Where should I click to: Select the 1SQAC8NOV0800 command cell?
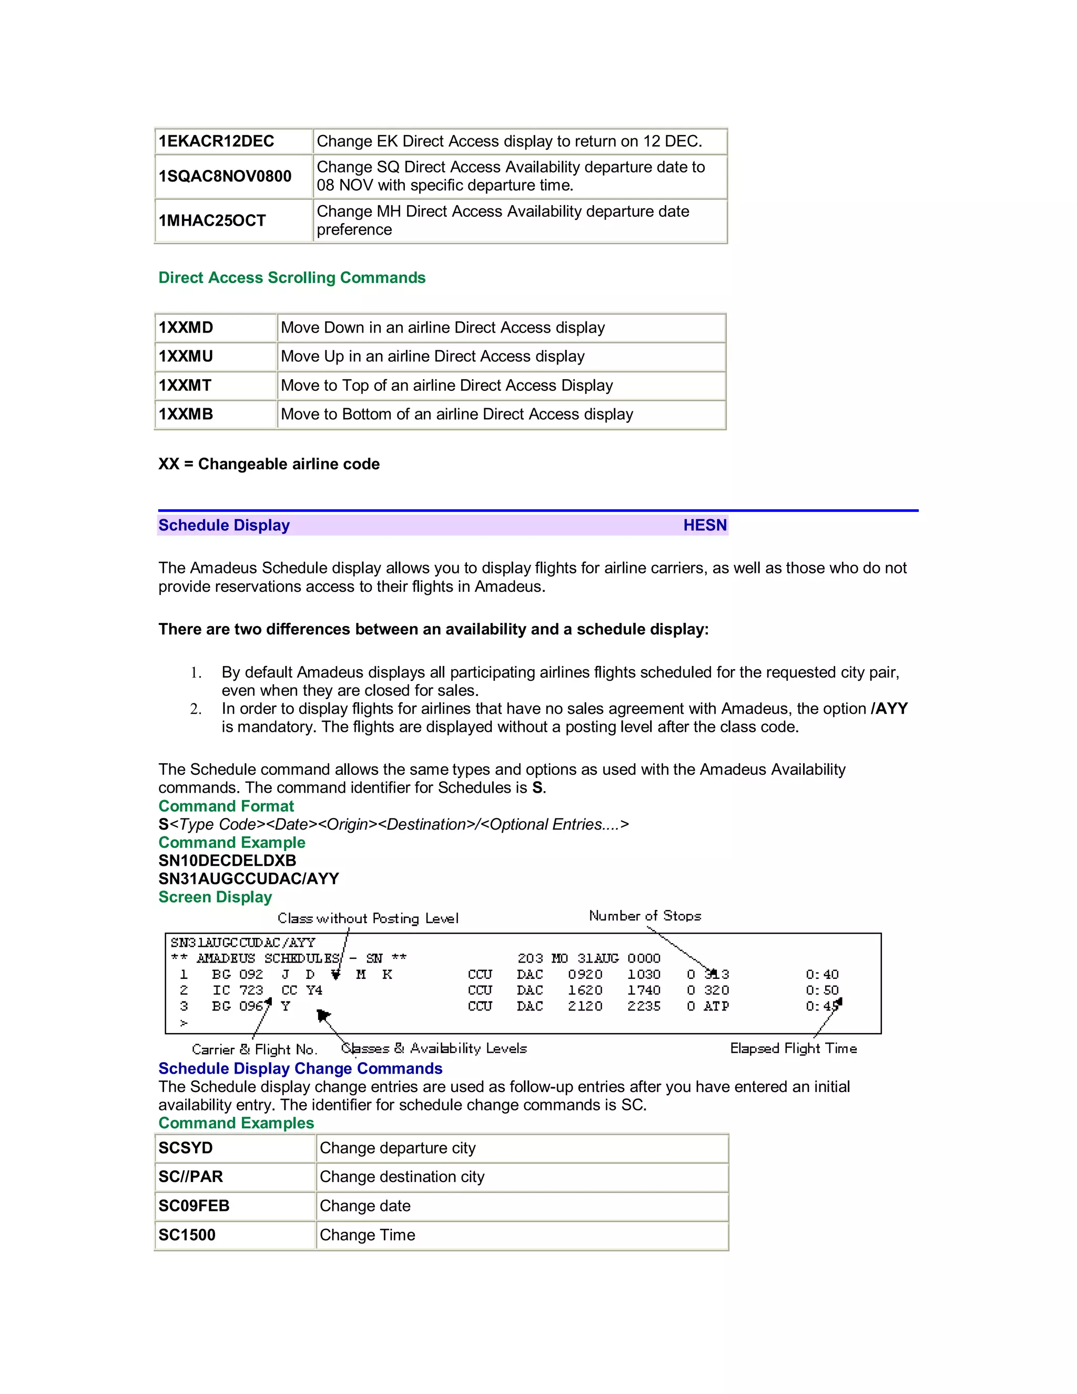[225, 176]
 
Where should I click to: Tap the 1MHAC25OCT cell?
[212, 221]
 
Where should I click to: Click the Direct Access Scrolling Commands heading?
[291, 278]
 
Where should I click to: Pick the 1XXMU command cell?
[186, 356]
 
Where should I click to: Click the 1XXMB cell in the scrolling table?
[186, 414]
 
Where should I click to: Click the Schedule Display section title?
[224, 526]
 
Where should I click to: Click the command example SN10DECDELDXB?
[227, 861]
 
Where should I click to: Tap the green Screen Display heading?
[215, 897]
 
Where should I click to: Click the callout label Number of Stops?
[644, 916]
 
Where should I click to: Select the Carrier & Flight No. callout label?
[254, 1050]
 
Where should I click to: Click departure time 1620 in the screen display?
[584, 990]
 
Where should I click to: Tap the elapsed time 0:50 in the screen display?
[822, 990]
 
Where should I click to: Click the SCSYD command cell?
[186, 1148]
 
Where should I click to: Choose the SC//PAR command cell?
[191, 1176]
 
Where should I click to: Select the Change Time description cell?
[368, 1235]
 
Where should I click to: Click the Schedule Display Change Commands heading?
[300, 1068]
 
